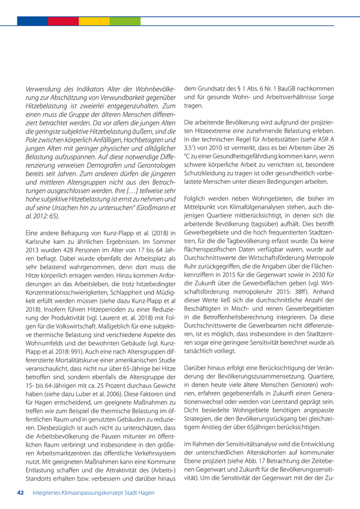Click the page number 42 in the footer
[21, 493]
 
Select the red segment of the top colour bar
[63, 21]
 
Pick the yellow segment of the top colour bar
[94, 21]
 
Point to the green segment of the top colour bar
[124, 21]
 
